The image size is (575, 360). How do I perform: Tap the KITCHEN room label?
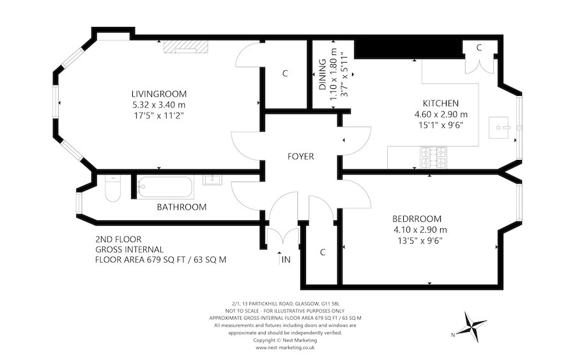440,103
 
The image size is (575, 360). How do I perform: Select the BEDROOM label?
417,218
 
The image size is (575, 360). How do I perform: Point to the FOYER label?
300,157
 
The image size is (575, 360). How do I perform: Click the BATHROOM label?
181,207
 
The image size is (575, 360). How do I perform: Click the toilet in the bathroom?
112,191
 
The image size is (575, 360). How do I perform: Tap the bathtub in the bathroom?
164,187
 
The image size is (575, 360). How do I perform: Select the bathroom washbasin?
212,180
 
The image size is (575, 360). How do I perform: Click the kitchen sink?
499,127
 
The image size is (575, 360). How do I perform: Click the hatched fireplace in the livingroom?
185,45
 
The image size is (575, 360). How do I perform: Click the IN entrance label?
286,261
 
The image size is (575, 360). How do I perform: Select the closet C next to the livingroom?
285,74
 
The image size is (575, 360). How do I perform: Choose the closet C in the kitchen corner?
479,49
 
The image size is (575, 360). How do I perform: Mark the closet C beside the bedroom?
323,252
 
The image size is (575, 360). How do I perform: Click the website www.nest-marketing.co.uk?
287,348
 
